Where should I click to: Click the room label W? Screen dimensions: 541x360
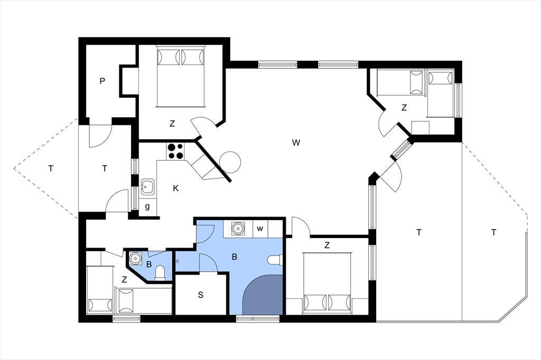point(296,143)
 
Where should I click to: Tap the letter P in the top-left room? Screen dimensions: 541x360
point(102,81)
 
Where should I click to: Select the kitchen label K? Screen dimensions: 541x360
point(175,188)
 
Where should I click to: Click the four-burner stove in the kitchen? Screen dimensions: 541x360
point(175,151)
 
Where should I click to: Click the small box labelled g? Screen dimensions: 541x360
point(148,207)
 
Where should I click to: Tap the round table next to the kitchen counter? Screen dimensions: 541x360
point(230,162)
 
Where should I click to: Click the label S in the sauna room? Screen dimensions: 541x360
point(201,295)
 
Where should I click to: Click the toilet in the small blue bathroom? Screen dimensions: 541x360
point(160,272)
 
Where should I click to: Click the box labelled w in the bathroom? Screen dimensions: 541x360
point(260,229)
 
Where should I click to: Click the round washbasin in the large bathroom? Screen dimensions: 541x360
point(238,229)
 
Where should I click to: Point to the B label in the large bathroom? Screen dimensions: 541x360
point(235,257)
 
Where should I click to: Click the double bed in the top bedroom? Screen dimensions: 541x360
point(181,76)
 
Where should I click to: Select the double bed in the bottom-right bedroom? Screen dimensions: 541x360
point(327,283)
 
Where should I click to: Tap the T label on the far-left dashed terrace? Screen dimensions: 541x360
point(51,168)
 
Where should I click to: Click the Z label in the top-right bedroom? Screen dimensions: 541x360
point(404,108)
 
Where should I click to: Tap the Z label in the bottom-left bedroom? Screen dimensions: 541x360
point(124,280)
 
